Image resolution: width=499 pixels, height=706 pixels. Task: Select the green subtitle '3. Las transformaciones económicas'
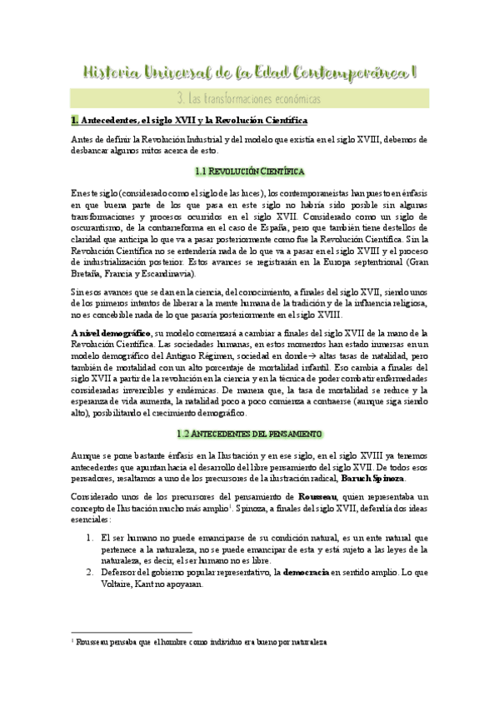(x=250, y=98)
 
